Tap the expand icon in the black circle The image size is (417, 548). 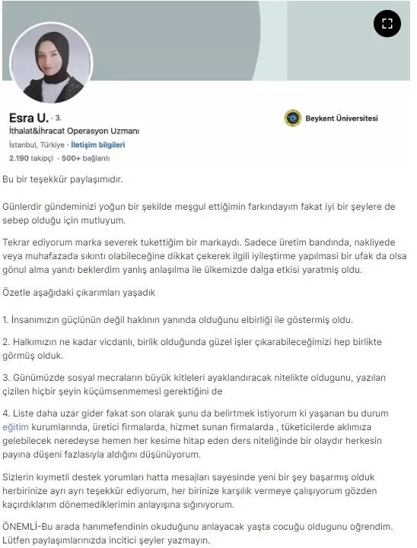(x=387, y=24)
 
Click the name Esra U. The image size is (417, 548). (x=28, y=118)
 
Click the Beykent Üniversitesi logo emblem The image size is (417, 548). (x=292, y=119)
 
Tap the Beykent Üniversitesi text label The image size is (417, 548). (x=341, y=119)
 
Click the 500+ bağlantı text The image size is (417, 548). (x=85, y=158)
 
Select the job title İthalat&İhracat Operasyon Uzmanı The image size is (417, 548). (x=74, y=131)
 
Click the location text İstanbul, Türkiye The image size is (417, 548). (x=36, y=144)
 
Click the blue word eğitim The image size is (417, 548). (x=16, y=428)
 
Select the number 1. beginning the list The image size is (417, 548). (x=6, y=321)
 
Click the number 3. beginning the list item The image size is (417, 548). (x=6, y=379)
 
